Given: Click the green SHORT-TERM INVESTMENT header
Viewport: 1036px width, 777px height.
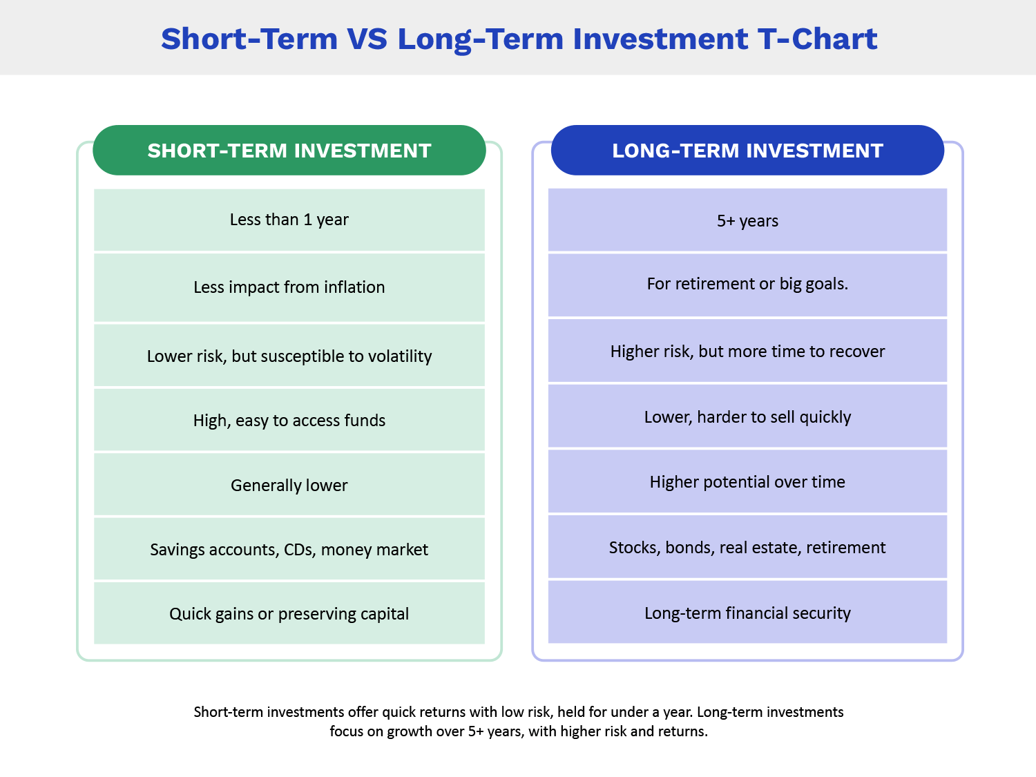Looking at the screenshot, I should [289, 151].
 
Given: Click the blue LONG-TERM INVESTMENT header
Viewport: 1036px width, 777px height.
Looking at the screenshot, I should [747, 151].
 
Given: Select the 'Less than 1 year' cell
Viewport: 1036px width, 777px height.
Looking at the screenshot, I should [289, 220].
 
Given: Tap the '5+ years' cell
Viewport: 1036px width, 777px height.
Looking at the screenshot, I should [747, 220].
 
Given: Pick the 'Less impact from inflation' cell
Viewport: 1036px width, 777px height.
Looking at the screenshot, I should [289, 287].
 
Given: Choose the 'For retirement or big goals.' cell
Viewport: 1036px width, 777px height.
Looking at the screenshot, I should [747, 284].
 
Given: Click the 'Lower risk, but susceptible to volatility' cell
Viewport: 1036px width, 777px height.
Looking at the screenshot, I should [289, 356].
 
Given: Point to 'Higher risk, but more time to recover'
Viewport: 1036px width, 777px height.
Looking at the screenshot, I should [747, 351].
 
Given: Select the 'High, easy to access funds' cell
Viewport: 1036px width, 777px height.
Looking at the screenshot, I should [289, 420].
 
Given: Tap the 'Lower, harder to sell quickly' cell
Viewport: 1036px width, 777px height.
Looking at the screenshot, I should [747, 416].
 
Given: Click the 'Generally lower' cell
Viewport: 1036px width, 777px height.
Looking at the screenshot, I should [289, 485].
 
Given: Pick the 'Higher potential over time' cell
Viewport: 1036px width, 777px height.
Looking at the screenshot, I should [747, 481].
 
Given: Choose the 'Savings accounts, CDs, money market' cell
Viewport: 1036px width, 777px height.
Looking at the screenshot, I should [289, 549].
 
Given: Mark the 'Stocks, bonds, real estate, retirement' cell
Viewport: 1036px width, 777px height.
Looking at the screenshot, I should [747, 547].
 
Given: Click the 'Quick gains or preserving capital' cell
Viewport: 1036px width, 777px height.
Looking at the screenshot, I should [289, 613].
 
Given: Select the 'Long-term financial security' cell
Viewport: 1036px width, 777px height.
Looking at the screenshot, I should [747, 613].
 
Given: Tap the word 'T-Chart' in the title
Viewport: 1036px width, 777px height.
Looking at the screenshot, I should [817, 39].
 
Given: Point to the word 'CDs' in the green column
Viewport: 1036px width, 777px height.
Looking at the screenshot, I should [300, 549].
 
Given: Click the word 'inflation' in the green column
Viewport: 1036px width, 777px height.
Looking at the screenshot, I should [354, 287].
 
